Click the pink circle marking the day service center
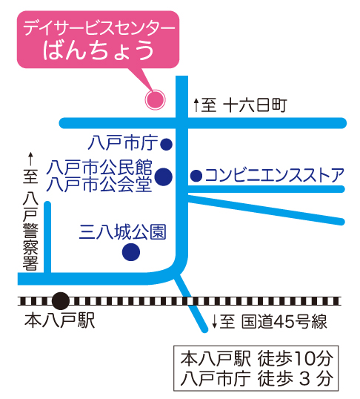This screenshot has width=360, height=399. [x=155, y=99]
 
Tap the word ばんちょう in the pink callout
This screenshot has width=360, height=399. [x=99, y=50]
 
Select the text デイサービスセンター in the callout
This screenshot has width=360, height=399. [x=99, y=28]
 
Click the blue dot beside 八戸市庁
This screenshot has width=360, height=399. [x=166, y=145]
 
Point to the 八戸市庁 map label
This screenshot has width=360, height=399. [x=123, y=142]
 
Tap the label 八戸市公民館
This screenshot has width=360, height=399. [x=99, y=168]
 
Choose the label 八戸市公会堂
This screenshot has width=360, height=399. [x=99, y=184]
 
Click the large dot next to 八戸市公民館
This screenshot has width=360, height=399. [x=164, y=177]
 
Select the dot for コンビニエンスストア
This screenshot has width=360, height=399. [x=196, y=176]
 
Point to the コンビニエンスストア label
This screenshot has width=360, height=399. [x=275, y=175]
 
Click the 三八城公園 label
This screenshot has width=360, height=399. [x=122, y=232]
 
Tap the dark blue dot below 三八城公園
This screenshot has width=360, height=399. [x=131, y=252]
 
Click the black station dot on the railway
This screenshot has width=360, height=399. [x=61, y=301]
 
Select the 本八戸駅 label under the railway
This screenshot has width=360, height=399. [x=60, y=320]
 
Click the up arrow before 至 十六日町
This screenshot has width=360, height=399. [x=196, y=105]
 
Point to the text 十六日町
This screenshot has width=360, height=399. [x=256, y=105]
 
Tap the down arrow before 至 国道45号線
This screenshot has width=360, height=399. [x=214, y=321]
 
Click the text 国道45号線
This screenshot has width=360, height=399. [x=284, y=322]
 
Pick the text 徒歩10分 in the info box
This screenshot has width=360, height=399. [x=295, y=358]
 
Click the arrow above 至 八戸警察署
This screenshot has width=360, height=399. [x=31, y=159]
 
